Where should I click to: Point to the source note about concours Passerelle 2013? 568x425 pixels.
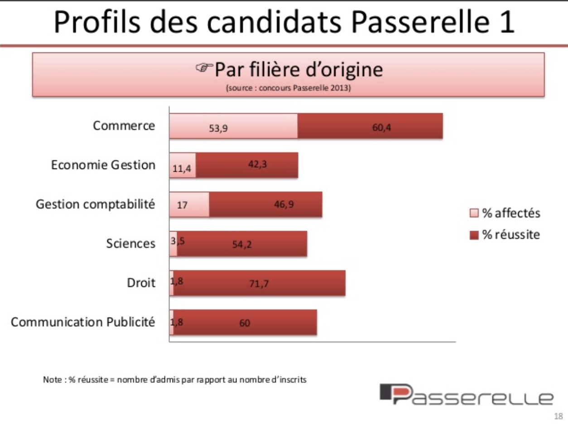[x=288, y=89]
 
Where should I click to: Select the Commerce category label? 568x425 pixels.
[x=124, y=126]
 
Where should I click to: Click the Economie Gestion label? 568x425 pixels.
[x=103, y=165]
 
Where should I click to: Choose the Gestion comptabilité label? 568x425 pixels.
[x=95, y=204]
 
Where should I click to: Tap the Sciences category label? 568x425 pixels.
[x=130, y=244]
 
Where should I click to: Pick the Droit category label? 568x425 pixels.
[x=140, y=283]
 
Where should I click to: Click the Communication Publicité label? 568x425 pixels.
[x=83, y=322]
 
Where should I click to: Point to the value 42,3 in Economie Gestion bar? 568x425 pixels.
[x=257, y=164]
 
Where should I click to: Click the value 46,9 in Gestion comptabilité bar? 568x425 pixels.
[x=284, y=204]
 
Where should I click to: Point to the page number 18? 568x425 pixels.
[x=558, y=416]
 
